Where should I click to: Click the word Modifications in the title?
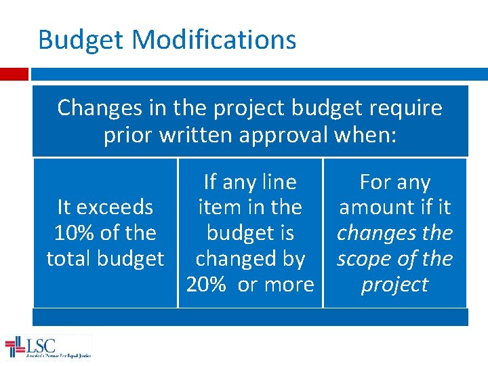pyautogui.click(x=213, y=40)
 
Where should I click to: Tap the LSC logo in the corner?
pyautogui.click(x=47, y=347)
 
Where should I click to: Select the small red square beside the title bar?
pyautogui.click(x=14, y=73)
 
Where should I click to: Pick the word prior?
pyautogui.click(x=129, y=135)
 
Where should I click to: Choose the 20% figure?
pyautogui.click(x=206, y=284)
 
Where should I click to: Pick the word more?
pyautogui.click(x=285, y=284)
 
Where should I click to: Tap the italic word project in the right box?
pyautogui.click(x=394, y=284)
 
